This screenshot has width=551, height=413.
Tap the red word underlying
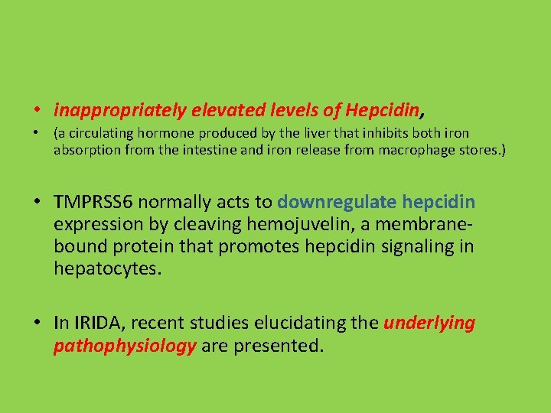(x=429, y=323)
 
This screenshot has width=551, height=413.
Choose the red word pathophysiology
(x=125, y=346)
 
